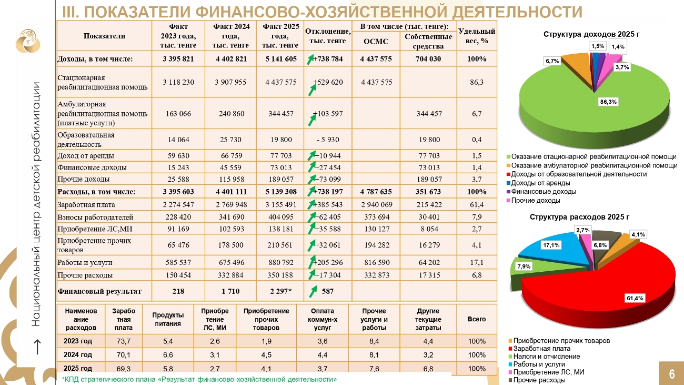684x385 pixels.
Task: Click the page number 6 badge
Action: (672, 374)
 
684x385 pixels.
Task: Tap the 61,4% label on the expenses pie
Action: (635, 298)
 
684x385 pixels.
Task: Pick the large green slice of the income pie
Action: (558, 105)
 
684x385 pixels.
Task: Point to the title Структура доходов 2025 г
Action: (591, 34)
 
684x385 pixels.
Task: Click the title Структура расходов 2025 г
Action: (579, 216)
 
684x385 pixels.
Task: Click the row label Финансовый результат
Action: (99, 291)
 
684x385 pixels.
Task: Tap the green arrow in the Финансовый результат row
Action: (313, 291)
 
